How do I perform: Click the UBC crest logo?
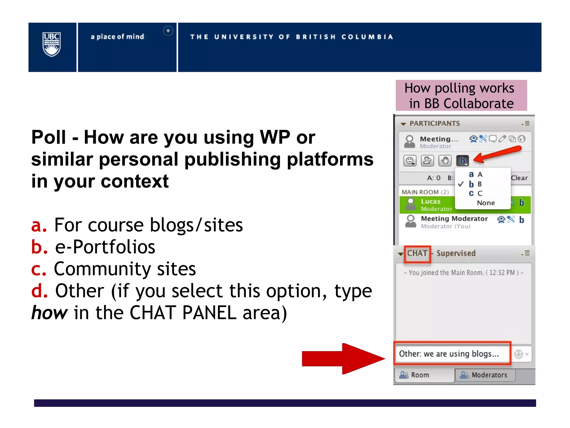(x=51, y=44)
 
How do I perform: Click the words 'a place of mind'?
(x=117, y=37)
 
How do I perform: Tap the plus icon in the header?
(x=168, y=31)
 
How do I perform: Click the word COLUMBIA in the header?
(x=367, y=37)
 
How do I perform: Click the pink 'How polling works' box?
(x=461, y=96)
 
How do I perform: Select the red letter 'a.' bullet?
(x=39, y=225)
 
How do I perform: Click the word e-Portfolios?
(x=105, y=247)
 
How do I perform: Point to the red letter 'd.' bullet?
(x=39, y=291)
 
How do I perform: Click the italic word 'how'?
(x=49, y=313)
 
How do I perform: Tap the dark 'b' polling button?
(x=463, y=160)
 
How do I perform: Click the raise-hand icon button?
(x=445, y=160)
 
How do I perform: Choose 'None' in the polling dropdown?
(x=486, y=203)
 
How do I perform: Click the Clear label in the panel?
(x=519, y=178)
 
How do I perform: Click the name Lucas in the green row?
(x=431, y=201)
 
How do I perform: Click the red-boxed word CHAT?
(x=417, y=253)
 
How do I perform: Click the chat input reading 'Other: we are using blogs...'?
(x=451, y=354)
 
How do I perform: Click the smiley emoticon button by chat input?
(x=519, y=354)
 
